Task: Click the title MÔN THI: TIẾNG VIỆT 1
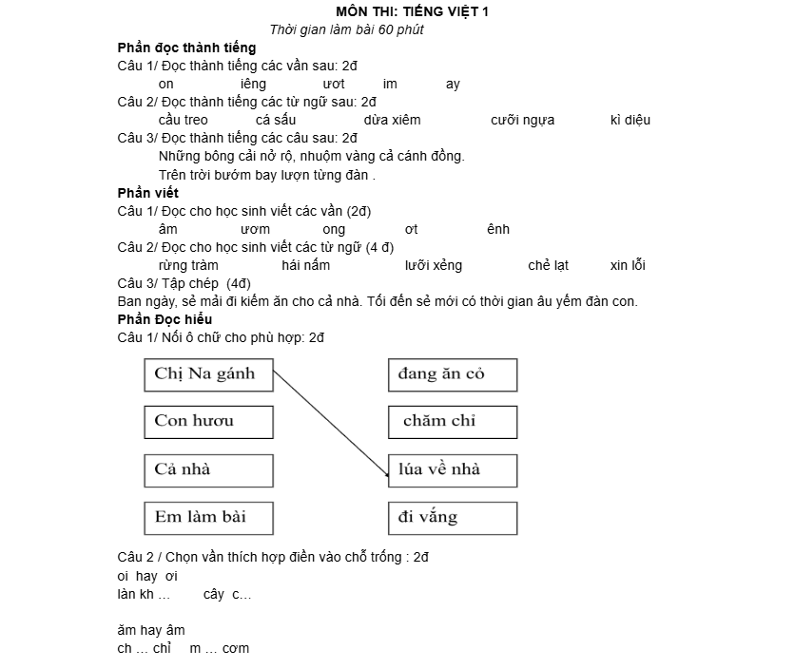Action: [413, 11]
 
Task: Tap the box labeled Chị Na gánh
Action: [208, 373]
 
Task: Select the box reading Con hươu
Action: [208, 421]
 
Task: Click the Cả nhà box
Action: [208, 469]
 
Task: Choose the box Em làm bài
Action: [208, 518]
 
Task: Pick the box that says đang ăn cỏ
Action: [453, 373]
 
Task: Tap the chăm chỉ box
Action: [453, 421]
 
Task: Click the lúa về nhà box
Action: [453, 469]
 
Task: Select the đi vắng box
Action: [453, 518]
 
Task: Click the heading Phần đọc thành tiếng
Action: [186, 48]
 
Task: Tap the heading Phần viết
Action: [147, 193]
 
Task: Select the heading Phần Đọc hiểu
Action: [165, 319]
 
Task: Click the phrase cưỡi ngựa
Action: [522, 120]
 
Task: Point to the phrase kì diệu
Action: [630, 120]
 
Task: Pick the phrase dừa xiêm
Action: [392, 120]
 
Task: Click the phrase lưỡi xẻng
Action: [433, 265]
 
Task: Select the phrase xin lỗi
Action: [628, 265]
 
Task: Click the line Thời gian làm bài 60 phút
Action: [346, 29]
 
